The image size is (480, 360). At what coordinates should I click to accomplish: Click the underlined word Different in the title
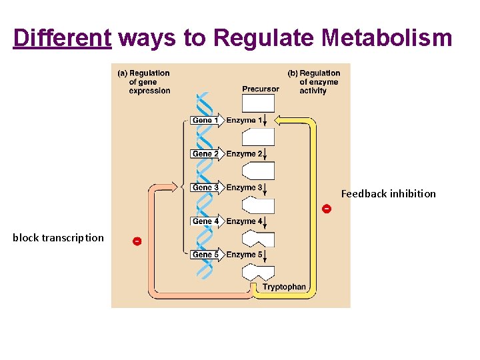[62, 39]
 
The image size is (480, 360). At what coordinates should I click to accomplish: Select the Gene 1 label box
[205, 121]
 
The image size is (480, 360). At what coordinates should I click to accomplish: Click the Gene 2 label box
[205, 154]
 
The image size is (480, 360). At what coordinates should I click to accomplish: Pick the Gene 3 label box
[205, 187]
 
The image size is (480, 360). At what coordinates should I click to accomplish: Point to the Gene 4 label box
[205, 221]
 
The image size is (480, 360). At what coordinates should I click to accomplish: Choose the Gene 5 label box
[205, 255]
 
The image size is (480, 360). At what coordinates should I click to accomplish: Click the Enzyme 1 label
[244, 121]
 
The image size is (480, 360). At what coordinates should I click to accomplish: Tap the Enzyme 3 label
[244, 187]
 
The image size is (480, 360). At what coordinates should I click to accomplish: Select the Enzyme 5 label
[244, 255]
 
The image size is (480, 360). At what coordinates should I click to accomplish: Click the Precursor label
[261, 89]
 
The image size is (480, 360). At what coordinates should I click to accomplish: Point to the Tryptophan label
[284, 287]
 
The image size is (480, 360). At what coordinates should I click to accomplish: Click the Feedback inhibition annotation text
[388, 194]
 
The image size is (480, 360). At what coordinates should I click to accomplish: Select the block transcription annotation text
[58, 237]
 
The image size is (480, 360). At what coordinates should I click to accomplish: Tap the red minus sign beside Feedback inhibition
[326, 209]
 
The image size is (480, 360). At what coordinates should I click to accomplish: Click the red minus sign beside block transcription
[136, 241]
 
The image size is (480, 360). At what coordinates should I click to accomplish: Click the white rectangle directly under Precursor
[258, 103]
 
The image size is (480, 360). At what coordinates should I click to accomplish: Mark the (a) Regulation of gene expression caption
[144, 82]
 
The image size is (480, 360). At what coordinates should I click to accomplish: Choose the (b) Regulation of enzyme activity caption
[314, 82]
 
